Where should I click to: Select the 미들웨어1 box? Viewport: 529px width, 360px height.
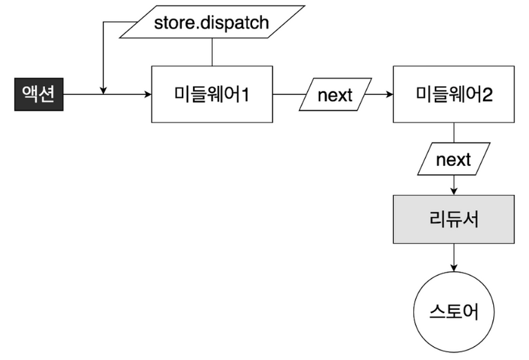click(x=211, y=95)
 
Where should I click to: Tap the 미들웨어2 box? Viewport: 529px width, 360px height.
click(x=453, y=95)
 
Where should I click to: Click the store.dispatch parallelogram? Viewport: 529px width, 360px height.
click(x=211, y=22)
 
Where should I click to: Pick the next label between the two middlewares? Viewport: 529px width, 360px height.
click(x=335, y=95)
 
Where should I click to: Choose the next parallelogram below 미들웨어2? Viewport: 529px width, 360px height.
click(x=453, y=160)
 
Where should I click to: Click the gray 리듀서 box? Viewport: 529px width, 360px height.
click(x=453, y=220)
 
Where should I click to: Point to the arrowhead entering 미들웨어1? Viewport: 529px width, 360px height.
click(x=147, y=95)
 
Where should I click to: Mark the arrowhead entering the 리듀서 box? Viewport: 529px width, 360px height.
click(x=453, y=191)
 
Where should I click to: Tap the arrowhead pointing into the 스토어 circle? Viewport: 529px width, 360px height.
click(x=453, y=273)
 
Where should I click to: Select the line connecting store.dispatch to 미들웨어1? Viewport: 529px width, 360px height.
click(x=211, y=52)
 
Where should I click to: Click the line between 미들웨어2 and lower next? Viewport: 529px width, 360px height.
click(x=453, y=132)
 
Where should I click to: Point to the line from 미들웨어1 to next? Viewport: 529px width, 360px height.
click(x=288, y=95)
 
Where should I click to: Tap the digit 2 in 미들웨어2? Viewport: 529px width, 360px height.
click(x=488, y=95)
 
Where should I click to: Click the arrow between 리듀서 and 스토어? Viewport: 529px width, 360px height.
click(x=453, y=258)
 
